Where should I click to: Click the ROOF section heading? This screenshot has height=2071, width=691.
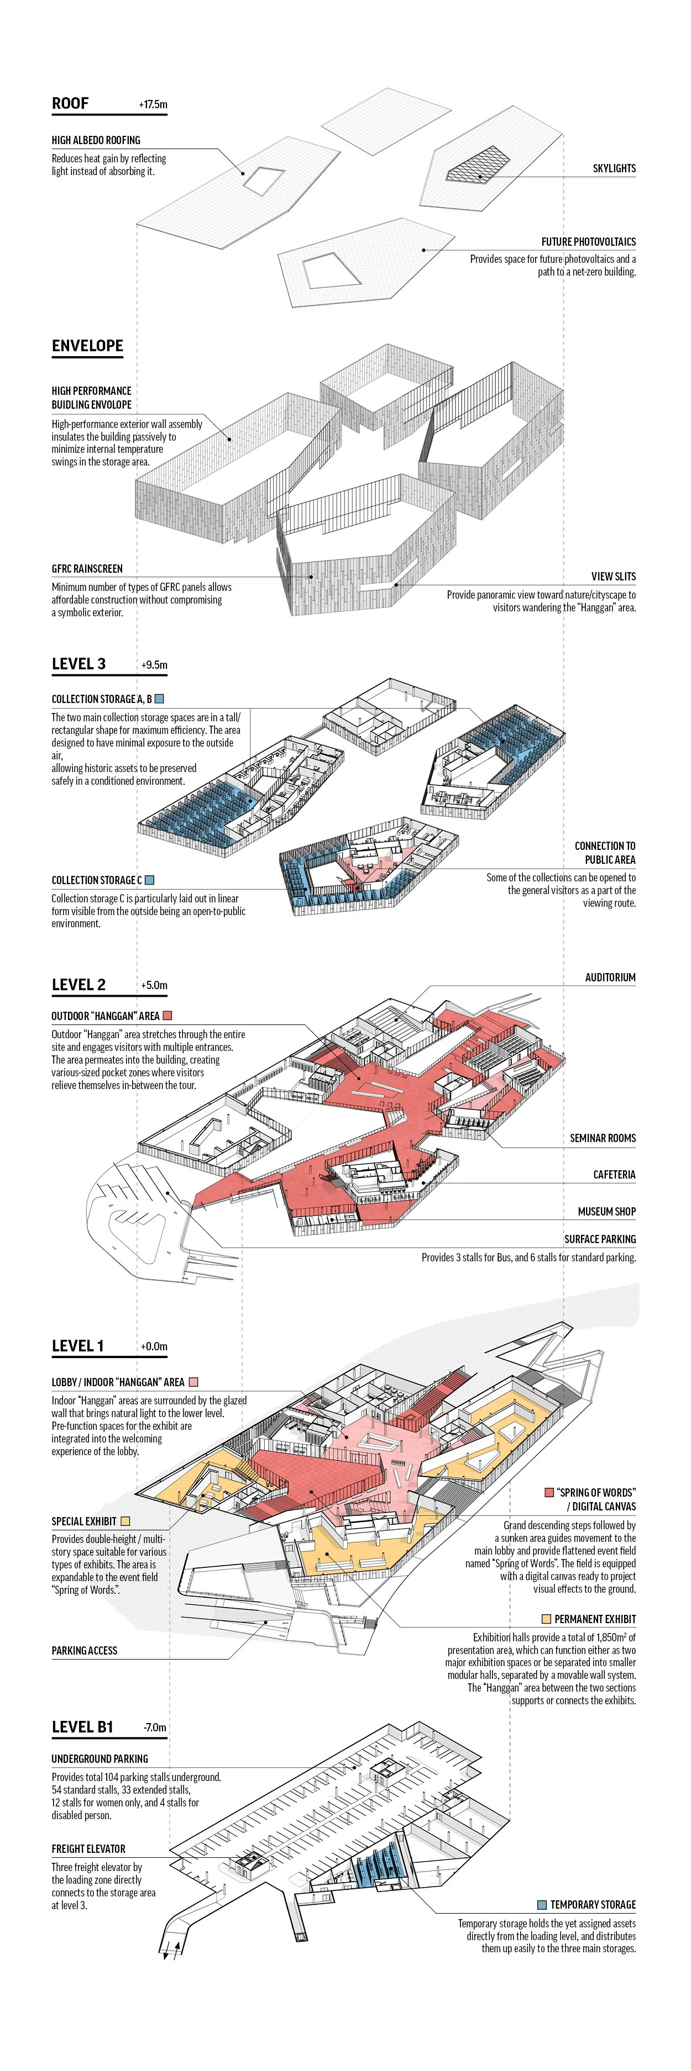[70, 104]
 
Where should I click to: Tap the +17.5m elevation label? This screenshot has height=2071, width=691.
[153, 104]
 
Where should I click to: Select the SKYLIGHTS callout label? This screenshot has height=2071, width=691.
[614, 168]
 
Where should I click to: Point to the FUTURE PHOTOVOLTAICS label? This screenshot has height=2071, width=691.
[588, 241]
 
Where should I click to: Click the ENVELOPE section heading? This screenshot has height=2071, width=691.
[87, 346]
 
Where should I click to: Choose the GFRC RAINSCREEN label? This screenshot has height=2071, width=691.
[87, 568]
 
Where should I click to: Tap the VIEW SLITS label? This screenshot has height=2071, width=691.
[613, 577]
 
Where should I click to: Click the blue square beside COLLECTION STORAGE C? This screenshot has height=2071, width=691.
[150, 880]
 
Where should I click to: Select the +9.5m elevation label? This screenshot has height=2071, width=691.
[154, 665]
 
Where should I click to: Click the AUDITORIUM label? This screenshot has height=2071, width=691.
[610, 978]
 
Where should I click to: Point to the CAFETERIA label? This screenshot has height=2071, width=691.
[614, 1175]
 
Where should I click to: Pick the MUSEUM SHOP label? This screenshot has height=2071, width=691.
[606, 1212]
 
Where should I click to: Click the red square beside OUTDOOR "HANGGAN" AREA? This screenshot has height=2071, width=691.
[167, 1016]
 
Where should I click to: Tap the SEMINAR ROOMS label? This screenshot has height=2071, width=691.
[603, 1138]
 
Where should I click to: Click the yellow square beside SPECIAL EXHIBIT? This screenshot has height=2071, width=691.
[125, 1521]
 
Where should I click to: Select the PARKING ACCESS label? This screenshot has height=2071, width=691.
[85, 1651]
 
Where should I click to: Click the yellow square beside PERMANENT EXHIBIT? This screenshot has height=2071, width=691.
[546, 1619]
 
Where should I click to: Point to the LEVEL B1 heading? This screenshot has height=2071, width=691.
[82, 1727]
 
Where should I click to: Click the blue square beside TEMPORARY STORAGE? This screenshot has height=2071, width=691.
[542, 1905]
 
